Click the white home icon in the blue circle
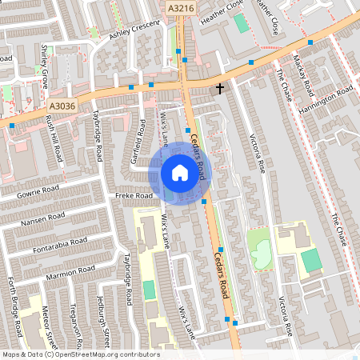pyautogui.click(x=179, y=173)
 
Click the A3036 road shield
pyautogui.click(x=61, y=105)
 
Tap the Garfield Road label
pyautogui.click(x=138, y=140)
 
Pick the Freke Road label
pyautogui.click(x=134, y=195)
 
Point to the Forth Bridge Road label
pyautogui.click(x=14, y=309)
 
